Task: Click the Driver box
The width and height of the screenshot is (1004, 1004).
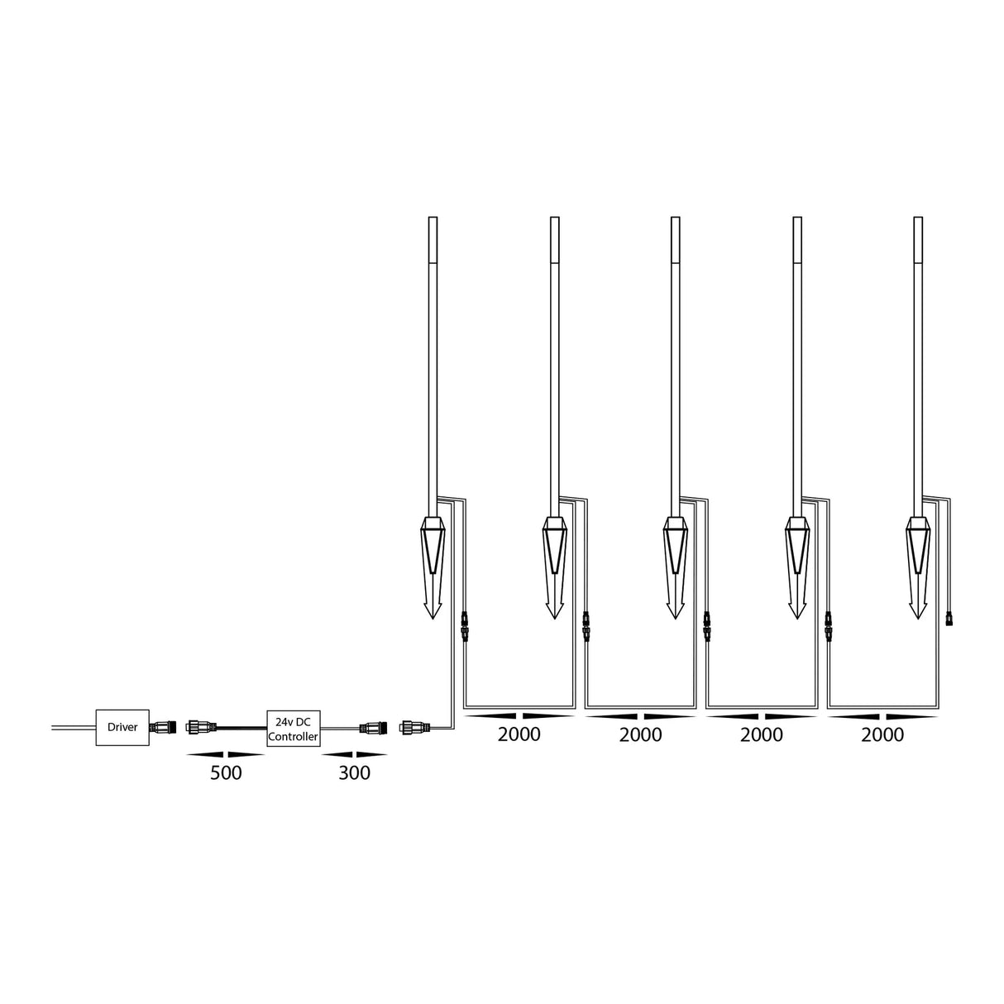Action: coord(122,728)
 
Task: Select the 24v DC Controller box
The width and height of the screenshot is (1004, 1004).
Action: coord(293,728)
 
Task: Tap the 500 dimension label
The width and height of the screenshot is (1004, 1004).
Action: coord(226,773)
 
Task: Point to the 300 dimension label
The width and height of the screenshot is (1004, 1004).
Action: coord(354,773)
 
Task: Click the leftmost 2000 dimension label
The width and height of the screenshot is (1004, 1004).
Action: coord(519,734)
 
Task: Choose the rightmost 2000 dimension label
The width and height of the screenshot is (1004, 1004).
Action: coord(882,734)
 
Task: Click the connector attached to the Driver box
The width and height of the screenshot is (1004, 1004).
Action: coord(161,728)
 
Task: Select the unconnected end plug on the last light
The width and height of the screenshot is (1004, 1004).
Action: coord(950,617)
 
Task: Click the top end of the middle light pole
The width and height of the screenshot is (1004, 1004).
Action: coord(676,221)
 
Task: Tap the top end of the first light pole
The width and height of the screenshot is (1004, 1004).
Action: coord(433,221)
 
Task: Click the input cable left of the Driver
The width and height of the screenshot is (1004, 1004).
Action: coord(73,728)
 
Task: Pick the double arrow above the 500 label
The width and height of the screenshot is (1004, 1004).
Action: coord(226,754)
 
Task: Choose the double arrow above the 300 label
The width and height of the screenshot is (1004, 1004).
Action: coord(354,754)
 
